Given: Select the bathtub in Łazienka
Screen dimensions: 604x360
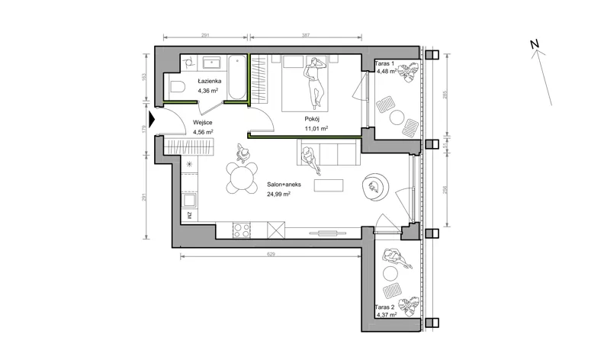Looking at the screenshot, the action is (x=236, y=78).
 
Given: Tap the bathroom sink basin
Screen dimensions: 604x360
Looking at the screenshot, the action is (x=211, y=63).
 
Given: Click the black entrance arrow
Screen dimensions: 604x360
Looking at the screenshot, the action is (x=152, y=120).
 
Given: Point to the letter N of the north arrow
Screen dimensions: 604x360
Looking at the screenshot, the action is (x=534, y=44).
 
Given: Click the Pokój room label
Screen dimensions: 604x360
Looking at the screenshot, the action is (x=312, y=119).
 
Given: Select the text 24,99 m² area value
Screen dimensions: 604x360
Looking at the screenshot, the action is (x=278, y=194).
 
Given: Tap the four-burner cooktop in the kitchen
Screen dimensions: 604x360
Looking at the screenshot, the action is (x=242, y=230).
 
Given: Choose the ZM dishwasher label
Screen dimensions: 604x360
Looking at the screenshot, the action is (x=189, y=216).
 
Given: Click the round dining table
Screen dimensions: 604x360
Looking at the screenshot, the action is (x=242, y=178).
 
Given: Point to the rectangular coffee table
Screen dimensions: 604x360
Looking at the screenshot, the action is (x=329, y=185).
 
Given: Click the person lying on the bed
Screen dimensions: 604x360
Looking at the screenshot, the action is (x=315, y=81).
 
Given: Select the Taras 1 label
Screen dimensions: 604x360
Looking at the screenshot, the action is (x=385, y=63).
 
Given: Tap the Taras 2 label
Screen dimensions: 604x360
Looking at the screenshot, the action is (x=385, y=307).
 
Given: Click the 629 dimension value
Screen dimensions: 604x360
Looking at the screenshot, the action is (x=271, y=254).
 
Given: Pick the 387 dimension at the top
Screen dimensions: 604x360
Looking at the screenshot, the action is (x=306, y=35).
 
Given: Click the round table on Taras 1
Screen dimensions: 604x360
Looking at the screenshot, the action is (x=397, y=117).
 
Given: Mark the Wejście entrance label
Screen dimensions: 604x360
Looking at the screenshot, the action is (x=203, y=123).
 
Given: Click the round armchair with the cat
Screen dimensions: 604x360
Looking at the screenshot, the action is (x=375, y=187).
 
